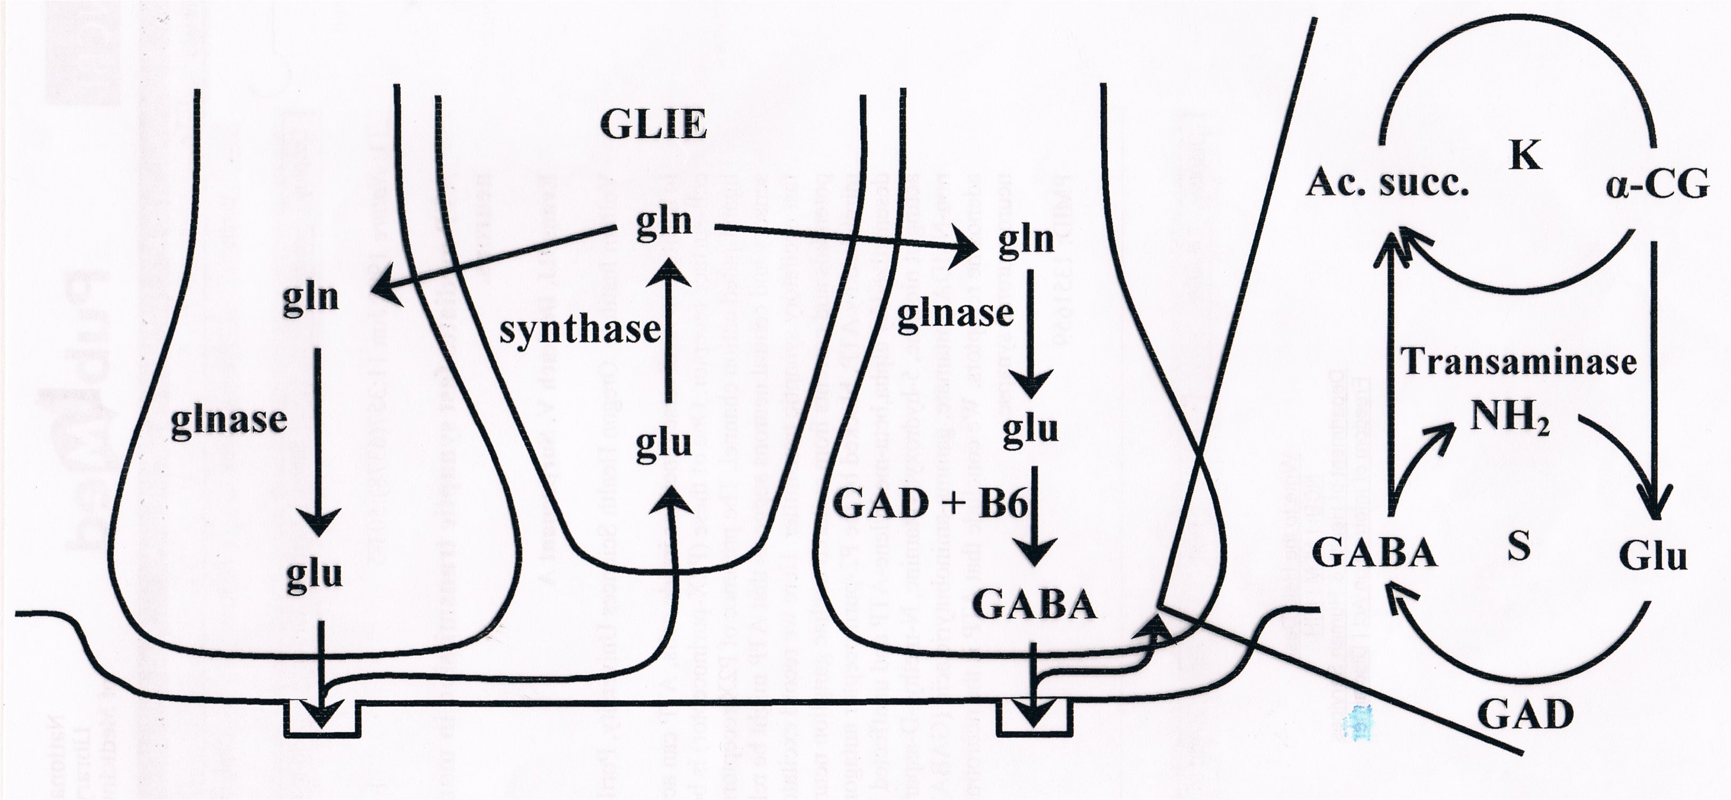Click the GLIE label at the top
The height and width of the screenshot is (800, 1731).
pyautogui.click(x=654, y=126)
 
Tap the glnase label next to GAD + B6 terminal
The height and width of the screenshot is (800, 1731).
pyautogui.click(x=956, y=314)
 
